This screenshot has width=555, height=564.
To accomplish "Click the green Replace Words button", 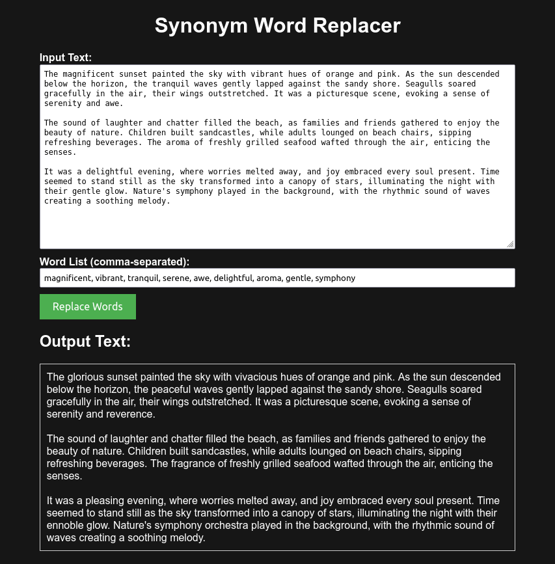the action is pyautogui.click(x=88, y=307).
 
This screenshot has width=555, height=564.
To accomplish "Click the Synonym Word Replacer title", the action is pyautogui.click(x=277, y=25).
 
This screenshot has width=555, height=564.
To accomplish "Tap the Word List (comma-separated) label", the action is pyautogui.click(x=115, y=262).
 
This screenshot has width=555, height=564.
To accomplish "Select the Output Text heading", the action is pyautogui.click(x=85, y=342).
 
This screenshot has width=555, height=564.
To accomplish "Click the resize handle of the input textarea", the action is pyautogui.click(x=510, y=244).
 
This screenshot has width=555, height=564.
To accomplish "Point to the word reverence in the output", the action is pyautogui.click(x=131, y=414).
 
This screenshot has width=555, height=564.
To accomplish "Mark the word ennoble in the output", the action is pyautogui.click(x=66, y=526).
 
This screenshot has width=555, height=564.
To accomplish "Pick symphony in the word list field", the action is pyautogui.click(x=336, y=278).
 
